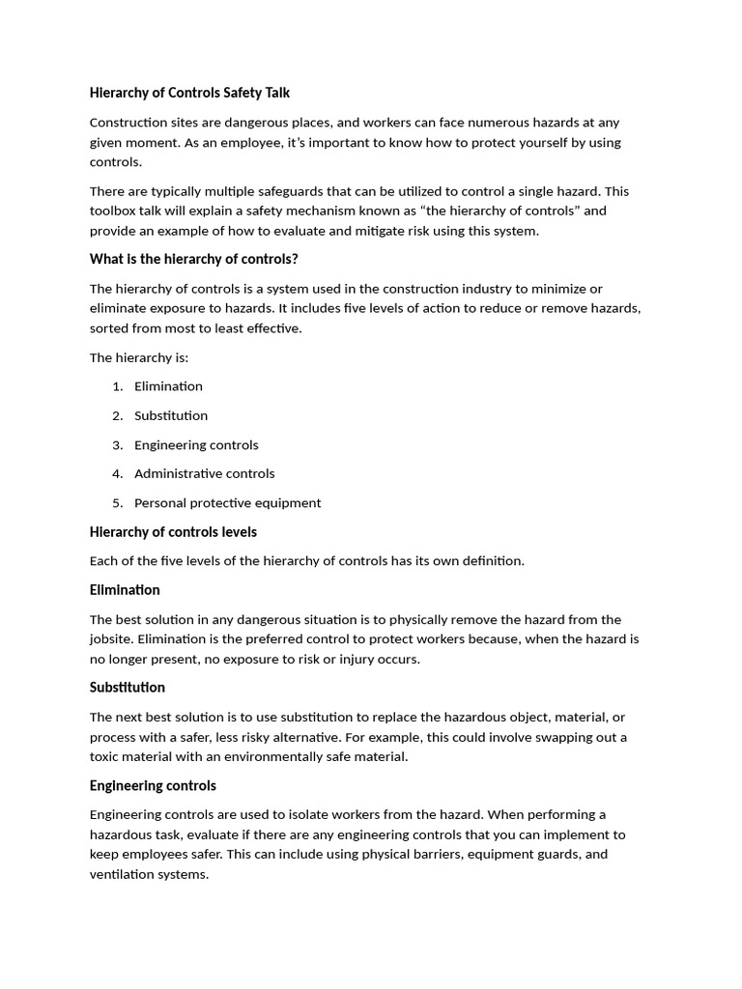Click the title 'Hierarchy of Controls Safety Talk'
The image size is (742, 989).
click(189, 93)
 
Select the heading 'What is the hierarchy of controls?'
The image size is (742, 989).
click(193, 259)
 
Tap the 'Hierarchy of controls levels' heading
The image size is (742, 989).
click(173, 532)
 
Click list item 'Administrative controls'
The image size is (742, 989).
click(204, 473)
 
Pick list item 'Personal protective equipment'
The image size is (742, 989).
click(227, 502)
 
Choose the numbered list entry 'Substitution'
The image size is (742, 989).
click(171, 415)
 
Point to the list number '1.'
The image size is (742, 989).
click(117, 386)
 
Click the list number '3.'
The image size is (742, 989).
click(117, 444)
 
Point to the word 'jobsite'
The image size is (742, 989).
click(112, 639)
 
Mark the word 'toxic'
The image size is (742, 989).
click(106, 756)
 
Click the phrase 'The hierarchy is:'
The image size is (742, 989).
click(139, 357)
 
